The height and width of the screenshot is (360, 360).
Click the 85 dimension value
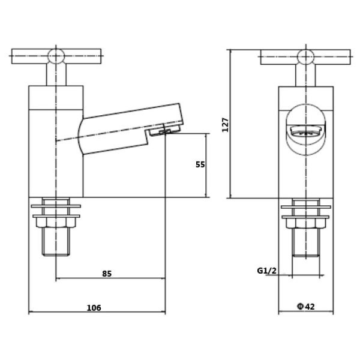pos(107,274)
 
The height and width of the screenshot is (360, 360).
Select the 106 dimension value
pos(94,308)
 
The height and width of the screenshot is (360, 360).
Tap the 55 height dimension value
pos(200,164)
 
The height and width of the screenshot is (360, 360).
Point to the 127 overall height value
pos(226,125)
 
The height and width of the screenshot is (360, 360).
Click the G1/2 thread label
pos(267,271)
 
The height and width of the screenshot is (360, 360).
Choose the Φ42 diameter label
pos(305,307)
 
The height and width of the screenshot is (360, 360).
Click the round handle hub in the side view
pos(56,56)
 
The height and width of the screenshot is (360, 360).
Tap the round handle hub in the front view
pos(305,57)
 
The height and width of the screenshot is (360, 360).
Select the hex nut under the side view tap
pos(56,222)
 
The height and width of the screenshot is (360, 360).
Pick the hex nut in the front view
pos(306,223)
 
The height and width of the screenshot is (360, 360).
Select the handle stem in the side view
pos(56,74)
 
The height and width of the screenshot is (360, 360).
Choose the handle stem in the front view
pos(305,76)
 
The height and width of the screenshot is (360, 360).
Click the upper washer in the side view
pos(56,206)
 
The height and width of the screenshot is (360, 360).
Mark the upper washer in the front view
pos(306,207)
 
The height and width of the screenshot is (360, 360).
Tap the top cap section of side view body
pos(56,98)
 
